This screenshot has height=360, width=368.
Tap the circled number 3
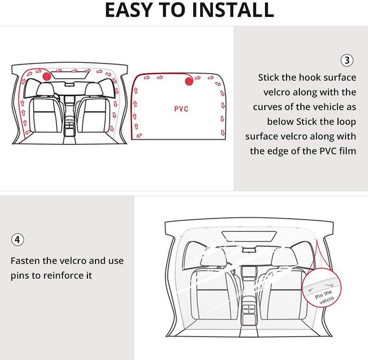pyautogui.click(x=347, y=60)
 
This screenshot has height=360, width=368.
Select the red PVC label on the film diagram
pyautogui.click(x=181, y=109)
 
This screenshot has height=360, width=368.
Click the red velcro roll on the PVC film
pyautogui.click(x=189, y=81)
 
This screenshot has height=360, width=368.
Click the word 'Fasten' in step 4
pyautogui.click(x=24, y=261)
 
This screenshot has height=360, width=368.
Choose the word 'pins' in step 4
pyautogui.click(x=20, y=275)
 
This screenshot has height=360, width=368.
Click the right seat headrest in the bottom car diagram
pyautogui.click(x=282, y=256)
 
